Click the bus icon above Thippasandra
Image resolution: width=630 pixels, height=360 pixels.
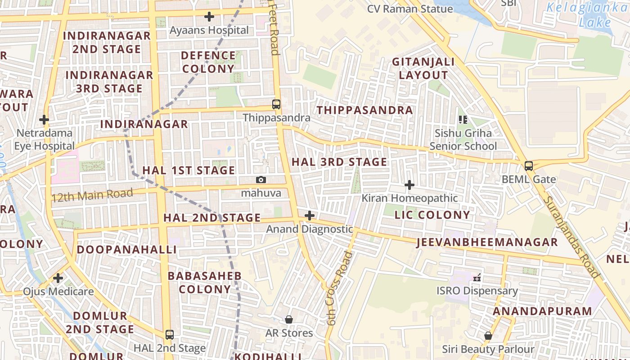tap(276, 104)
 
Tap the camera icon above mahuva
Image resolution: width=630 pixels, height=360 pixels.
tap(261, 180)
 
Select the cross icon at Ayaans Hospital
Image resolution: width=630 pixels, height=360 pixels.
tap(209, 17)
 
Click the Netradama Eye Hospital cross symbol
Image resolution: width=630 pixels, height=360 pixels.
tap(44, 120)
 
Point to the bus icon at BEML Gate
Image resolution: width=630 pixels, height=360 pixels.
tap(529, 166)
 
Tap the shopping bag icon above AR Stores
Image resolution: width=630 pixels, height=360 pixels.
tap(289, 319)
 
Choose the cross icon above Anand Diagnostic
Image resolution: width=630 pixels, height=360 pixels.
tap(310, 216)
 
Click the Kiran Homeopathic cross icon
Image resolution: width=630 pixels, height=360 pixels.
tap(409, 185)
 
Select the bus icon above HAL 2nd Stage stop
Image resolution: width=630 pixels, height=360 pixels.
tap(169, 334)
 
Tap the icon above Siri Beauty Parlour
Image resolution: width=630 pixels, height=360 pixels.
tap(488, 336)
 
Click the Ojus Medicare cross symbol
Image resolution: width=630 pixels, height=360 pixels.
tap(58, 278)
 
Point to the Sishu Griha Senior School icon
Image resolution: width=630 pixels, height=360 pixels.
tap(463, 120)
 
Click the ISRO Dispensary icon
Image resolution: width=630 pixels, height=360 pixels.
tap(477, 277)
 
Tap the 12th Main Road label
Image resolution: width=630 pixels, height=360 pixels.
tap(92, 195)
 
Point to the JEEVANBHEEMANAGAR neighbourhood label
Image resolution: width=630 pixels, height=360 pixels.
tap(487, 242)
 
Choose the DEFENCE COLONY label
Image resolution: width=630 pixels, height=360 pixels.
tap(208, 62)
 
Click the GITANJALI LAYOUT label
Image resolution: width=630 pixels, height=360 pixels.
tap(423, 68)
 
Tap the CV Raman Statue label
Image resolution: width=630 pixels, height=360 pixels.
tap(410, 9)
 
